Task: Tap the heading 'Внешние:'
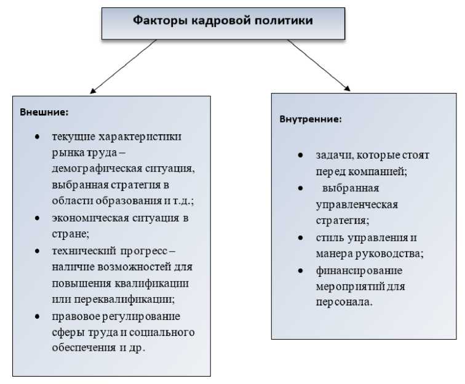click(x=44, y=113)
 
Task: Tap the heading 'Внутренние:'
click(x=311, y=119)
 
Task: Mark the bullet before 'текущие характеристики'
click(x=38, y=137)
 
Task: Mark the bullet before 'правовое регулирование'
click(x=38, y=316)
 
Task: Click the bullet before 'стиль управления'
click(x=300, y=237)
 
